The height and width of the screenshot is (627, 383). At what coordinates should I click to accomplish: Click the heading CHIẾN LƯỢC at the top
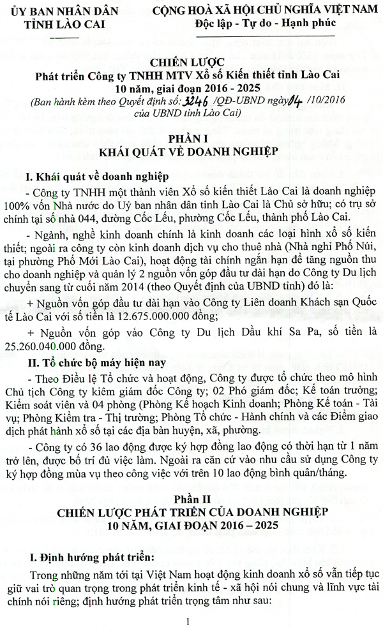pos(191,63)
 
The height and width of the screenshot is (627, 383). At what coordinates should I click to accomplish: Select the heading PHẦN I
pos(191,139)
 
